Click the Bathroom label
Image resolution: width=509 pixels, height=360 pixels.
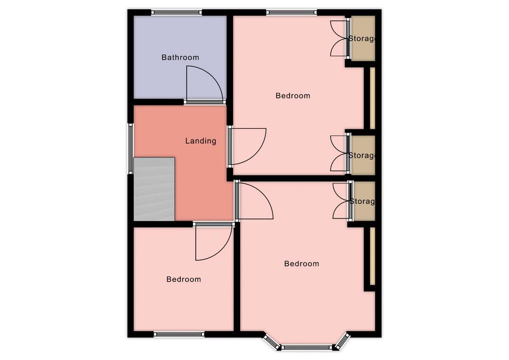click(x=180, y=57)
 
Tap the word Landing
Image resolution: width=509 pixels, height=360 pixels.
click(x=200, y=141)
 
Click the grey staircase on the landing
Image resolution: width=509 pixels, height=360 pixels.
click(x=154, y=189)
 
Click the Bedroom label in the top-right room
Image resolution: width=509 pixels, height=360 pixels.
click(x=293, y=96)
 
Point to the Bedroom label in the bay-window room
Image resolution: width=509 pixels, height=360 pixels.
click(x=302, y=264)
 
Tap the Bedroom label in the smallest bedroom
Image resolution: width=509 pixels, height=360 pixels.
click(x=183, y=279)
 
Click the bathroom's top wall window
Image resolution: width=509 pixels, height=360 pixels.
click(x=177, y=13)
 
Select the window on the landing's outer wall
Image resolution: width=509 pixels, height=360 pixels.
click(x=130, y=148)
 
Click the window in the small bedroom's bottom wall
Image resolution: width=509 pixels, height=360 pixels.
click(x=179, y=334)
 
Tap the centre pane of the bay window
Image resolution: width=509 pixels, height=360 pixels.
click(x=306, y=347)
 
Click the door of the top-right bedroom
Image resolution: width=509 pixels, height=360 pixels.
click(x=248, y=146)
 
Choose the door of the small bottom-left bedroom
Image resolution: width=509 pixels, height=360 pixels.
click(x=214, y=242)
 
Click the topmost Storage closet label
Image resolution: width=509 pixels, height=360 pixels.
click(x=362, y=39)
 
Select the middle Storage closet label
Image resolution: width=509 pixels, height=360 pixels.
click(x=362, y=155)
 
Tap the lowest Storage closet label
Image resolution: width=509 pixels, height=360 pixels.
click(x=362, y=201)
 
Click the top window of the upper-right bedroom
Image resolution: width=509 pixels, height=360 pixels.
click(x=292, y=13)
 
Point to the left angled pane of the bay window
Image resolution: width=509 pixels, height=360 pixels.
click(x=271, y=341)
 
